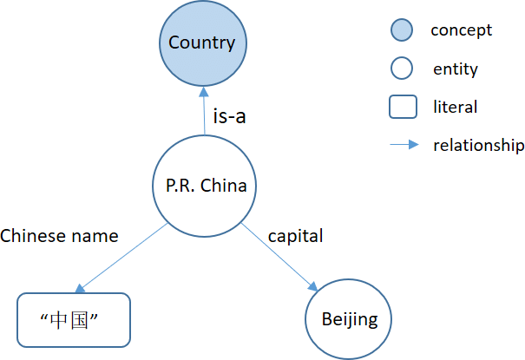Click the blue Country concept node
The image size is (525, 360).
pyautogui.click(x=201, y=43)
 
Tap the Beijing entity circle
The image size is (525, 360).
pyautogui.click(x=349, y=319)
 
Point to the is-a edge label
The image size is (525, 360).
pyautogui.click(x=229, y=115)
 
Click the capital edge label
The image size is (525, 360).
pyautogui.click(x=295, y=235)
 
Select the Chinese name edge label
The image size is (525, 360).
pyautogui.click(x=60, y=235)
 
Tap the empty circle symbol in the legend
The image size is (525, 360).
pyautogui.click(x=401, y=69)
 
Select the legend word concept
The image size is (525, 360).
pyautogui.click(x=461, y=30)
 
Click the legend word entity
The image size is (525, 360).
pyautogui.click(x=456, y=69)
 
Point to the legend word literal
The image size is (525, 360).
pyautogui.click(x=455, y=108)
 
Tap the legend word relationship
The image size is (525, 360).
pyautogui.click(x=479, y=145)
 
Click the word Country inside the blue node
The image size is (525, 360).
pyautogui.click(x=201, y=43)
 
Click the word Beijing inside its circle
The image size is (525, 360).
pyautogui.click(x=349, y=319)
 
